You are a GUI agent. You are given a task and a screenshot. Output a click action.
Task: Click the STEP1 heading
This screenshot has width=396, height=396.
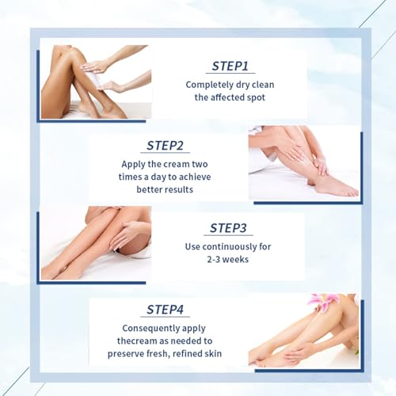pos(230,66)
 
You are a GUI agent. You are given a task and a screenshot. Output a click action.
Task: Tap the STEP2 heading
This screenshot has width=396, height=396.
pos(165,146)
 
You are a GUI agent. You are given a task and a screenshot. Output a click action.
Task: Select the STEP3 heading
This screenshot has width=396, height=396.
pos(228,228)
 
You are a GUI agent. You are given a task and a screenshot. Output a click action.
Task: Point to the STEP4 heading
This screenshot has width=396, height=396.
pos(165,310)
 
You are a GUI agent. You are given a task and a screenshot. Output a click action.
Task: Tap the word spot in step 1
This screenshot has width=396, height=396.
pos(256,97)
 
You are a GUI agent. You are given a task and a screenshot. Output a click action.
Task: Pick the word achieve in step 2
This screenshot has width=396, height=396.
pos(195,177)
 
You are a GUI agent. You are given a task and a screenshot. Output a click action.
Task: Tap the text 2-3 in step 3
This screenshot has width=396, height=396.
pos(213,259)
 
